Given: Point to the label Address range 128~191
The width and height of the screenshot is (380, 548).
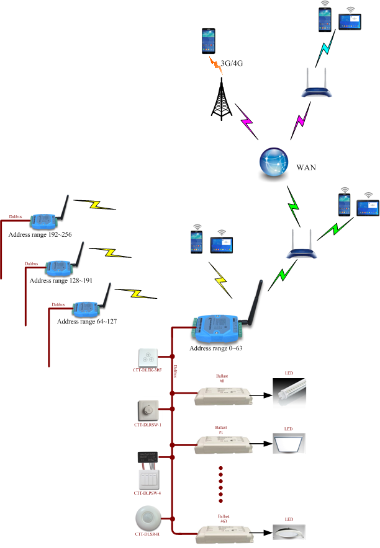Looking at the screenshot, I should coord(61,280).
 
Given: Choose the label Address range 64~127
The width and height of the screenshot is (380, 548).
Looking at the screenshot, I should coord(87,322).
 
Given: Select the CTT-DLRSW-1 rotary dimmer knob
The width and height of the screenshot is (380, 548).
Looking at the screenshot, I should coord(148,411).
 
